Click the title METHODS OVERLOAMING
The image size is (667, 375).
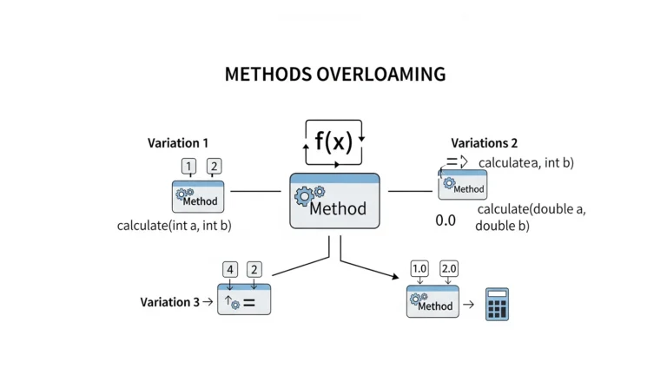click(334, 74)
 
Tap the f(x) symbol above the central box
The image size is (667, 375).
click(333, 142)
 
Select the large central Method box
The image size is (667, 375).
click(334, 201)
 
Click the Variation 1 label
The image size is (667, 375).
click(178, 143)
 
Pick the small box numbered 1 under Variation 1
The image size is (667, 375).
click(188, 166)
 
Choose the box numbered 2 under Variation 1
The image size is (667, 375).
click(214, 166)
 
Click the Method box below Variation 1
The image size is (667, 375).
click(199, 197)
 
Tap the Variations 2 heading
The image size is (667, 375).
click(484, 143)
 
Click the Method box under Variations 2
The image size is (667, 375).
click(463, 186)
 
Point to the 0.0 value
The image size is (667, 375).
click(445, 220)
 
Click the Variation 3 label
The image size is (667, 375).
click(170, 302)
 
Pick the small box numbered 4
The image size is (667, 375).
click(230, 269)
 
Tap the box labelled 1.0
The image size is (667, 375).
click(419, 268)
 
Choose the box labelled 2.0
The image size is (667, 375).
click(449, 268)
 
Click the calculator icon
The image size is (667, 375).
click(497, 305)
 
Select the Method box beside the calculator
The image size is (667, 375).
click(432, 302)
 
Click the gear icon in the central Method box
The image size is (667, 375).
click(309, 195)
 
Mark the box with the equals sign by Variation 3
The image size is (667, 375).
click(244, 299)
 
